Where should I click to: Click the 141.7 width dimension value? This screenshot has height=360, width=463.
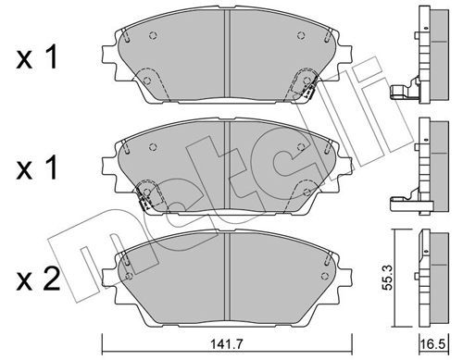[x=227, y=343]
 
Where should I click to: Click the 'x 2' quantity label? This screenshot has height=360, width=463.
[x=38, y=279]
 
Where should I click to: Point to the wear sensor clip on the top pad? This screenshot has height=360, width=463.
[x=307, y=92]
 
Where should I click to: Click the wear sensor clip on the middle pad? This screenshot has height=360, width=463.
[x=144, y=201]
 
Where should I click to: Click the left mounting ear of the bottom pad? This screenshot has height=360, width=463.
[x=109, y=275]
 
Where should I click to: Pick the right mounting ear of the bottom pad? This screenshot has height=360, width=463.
[x=344, y=275]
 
